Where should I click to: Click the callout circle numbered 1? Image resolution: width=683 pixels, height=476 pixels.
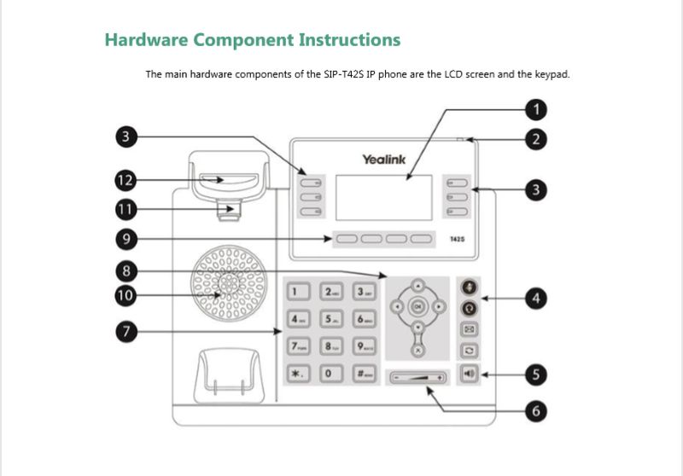click(x=535, y=109)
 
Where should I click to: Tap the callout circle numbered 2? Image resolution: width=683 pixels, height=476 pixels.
click(x=535, y=139)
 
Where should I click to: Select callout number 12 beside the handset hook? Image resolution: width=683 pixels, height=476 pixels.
click(x=126, y=180)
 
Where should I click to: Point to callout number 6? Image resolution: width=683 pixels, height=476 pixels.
click(x=535, y=410)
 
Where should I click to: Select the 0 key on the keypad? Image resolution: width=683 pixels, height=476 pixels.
click(x=330, y=374)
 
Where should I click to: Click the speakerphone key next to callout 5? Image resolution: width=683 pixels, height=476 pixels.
click(x=468, y=373)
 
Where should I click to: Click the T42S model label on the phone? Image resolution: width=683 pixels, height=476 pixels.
click(x=457, y=240)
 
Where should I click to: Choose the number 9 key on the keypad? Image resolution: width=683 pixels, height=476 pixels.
click(x=365, y=346)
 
